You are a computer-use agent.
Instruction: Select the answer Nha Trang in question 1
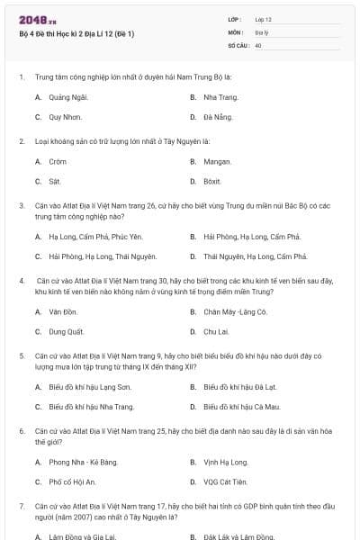[x=220, y=97]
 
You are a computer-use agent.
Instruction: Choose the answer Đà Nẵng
[x=217, y=117]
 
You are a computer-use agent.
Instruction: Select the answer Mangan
[x=217, y=162]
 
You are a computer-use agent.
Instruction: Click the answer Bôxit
[x=212, y=182]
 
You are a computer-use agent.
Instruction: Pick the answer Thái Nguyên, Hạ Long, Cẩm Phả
[x=249, y=256]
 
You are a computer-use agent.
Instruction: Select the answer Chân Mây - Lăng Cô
[x=235, y=311]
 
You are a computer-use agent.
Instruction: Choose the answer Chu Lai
[x=215, y=331]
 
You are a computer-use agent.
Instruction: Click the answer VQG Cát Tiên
[x=225, y=481]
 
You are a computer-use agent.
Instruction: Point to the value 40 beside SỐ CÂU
[x=258, y=44]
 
